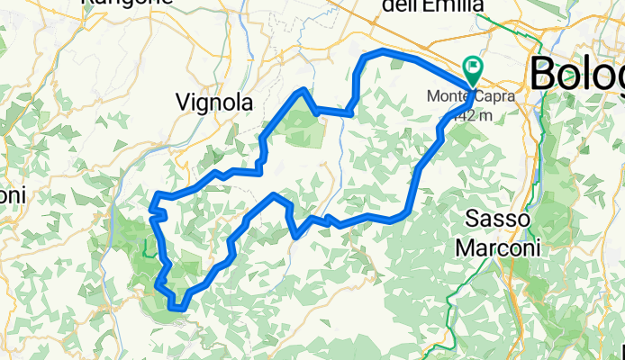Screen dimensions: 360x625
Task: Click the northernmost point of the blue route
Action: point(382,51)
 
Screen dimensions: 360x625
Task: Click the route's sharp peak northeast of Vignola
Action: point(304,91)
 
